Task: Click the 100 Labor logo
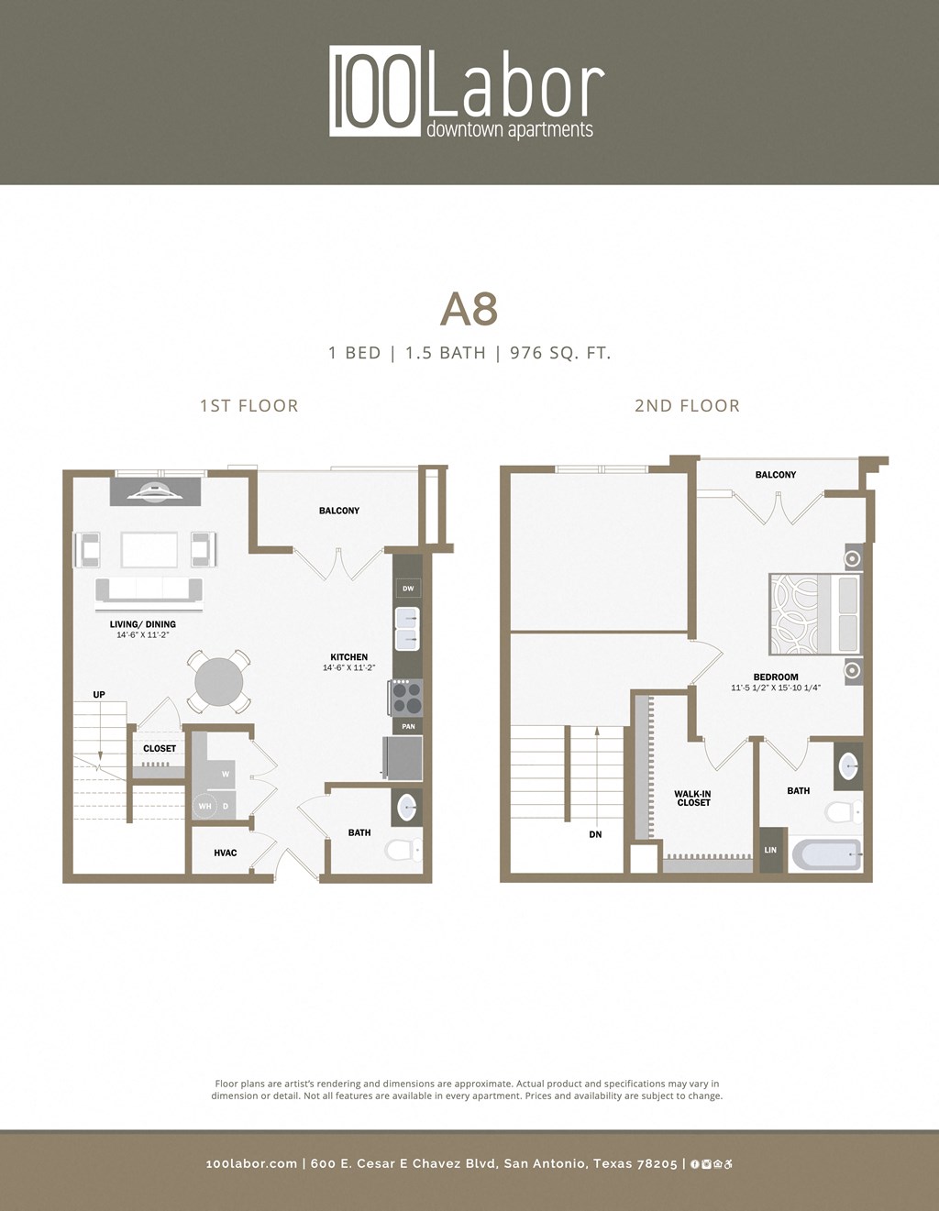pyautogui.click(x=468, y=92)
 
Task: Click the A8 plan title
pyautogui.click(x=469, y=309)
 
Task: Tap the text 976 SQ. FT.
pyautogui.click(x=560, y=353)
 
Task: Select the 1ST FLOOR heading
pyautogui.click(x=249, y=406)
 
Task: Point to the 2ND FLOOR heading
pyautogui.click(x=687, y=406)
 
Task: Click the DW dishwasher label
pyautogui.click(x=408, y=589)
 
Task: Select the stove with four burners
pyautogui.click(x=407, y=698)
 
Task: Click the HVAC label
pyautogui.click(x=225, y=853)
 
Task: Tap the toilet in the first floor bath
pyautogui.click(x=403, y=850)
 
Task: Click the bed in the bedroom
pyautogui.click(x=814, y=614)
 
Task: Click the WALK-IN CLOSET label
pyautogui.click(x=693, y=798)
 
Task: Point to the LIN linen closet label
pyautogui.click(x=770, y=851)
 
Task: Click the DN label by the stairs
pyautogui.click(x=596, y=835)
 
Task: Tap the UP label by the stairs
pyautogui.click(x=99, y=695)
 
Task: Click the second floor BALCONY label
pyautogui.click(x=776, y=475)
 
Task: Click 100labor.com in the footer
pyautogui.click(x=251, y=1163)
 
